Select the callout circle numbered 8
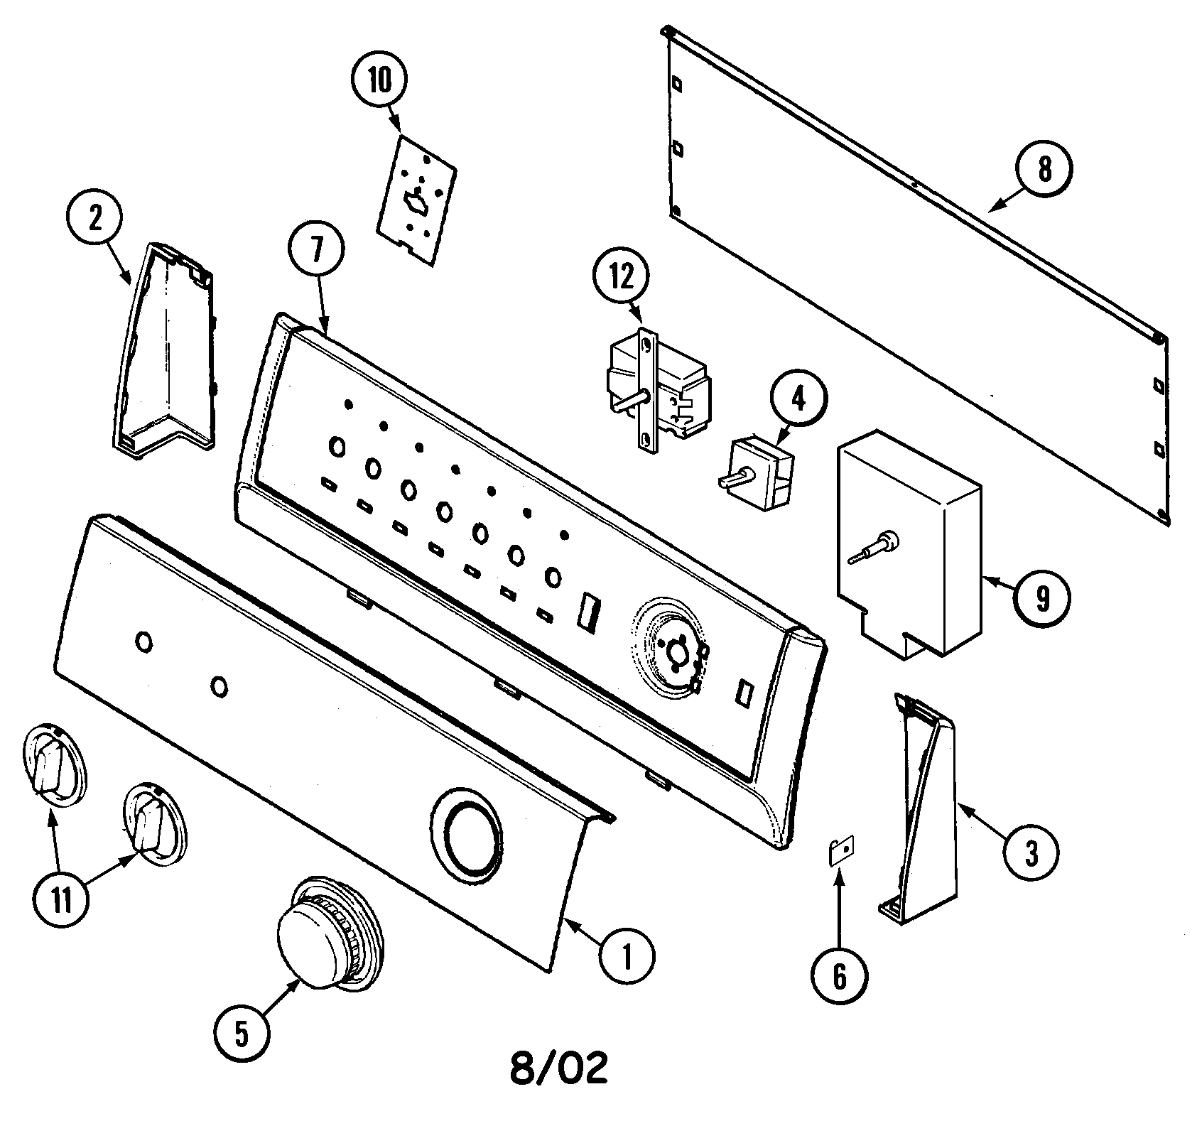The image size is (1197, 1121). pos(1044,169)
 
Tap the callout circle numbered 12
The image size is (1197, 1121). pos(622,277)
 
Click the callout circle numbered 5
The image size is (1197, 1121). pos(242,1035)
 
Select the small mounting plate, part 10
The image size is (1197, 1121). pos(416,202)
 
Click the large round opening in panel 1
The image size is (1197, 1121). pos(466,831)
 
